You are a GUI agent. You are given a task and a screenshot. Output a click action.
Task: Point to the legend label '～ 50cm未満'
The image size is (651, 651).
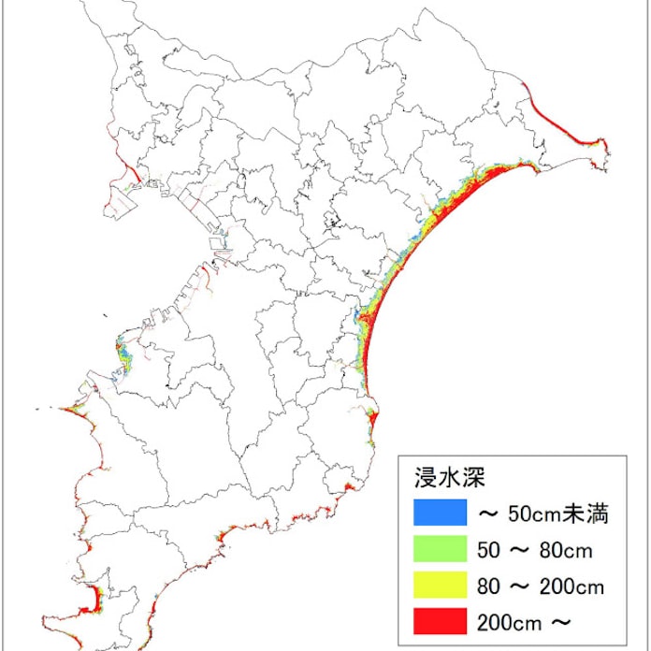[542, 513]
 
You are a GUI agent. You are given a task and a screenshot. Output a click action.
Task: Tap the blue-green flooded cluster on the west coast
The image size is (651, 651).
[123, 354]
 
